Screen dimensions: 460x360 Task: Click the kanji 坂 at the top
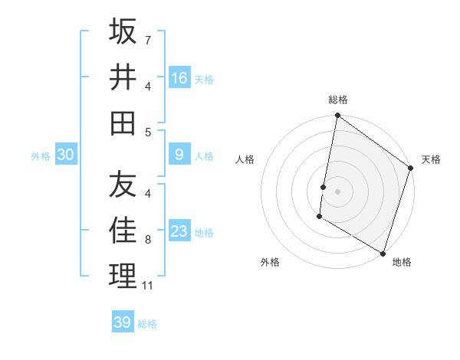(x=123, y=31)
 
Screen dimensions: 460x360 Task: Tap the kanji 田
(x=123, y=123)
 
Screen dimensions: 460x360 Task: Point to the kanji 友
(x=123, y=185)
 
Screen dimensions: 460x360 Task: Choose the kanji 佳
(x=123, y=231)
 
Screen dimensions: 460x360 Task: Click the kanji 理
(x=123, y=276)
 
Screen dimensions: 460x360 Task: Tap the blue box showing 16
(x=179, y=78)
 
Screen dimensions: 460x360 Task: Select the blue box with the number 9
(x=179, y=155)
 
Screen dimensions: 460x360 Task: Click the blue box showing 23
(x=179, y=231)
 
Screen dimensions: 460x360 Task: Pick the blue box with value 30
(x=66, y=155)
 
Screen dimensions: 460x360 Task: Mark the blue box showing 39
(x=123, y=322)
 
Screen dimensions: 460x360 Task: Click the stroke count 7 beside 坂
(x=148, y=39)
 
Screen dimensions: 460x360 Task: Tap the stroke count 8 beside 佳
(x=148, y=240)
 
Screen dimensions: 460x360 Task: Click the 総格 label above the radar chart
(x=338, y=100)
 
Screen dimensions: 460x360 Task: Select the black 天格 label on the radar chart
(x=431, y=159)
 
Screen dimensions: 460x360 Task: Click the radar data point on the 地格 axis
(x=383, y=251)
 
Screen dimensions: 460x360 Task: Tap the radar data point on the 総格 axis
(x=337, y=116)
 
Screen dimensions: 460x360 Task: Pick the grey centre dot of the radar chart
(x=337, y=188)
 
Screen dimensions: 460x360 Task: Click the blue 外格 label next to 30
(x=41, y=156)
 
